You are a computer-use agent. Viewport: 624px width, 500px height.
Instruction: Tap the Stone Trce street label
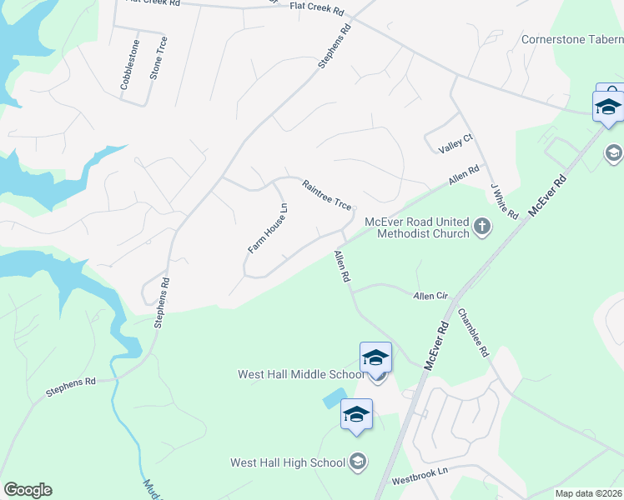tap(158, 57)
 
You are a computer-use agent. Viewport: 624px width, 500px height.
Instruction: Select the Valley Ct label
tap(456, 144)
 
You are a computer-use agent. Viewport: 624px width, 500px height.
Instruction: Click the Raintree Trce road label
tap(326, 195)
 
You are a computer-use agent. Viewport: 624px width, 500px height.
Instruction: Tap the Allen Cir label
tap(430, 296)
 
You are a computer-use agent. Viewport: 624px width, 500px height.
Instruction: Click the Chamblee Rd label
tap(472, 333)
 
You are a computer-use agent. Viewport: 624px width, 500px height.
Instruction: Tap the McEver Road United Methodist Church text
tap(417, 227)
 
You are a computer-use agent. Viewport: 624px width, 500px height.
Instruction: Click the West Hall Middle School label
tap(295, 374)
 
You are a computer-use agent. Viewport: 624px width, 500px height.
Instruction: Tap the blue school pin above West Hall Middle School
tap(375, 358)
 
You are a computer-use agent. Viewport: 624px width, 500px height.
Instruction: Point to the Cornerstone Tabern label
tap(571, 39)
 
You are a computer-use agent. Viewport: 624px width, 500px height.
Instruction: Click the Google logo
tap(28, 490)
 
